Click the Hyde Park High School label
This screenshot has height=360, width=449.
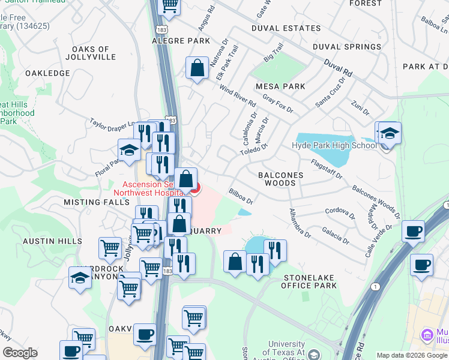coord(334,145)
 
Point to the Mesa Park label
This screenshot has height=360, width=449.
coord(280,86)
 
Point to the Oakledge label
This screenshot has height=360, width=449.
coord(47,73)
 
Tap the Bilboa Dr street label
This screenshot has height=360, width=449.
coord(241,197)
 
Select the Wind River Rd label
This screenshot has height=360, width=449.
coord(238,98)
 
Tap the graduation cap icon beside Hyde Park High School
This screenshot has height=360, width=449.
coord(389,134)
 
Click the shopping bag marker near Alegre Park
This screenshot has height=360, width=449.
coord(197,69)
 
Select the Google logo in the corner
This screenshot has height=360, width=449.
coord(20,353)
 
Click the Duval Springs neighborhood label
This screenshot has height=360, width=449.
coord(346,47)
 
